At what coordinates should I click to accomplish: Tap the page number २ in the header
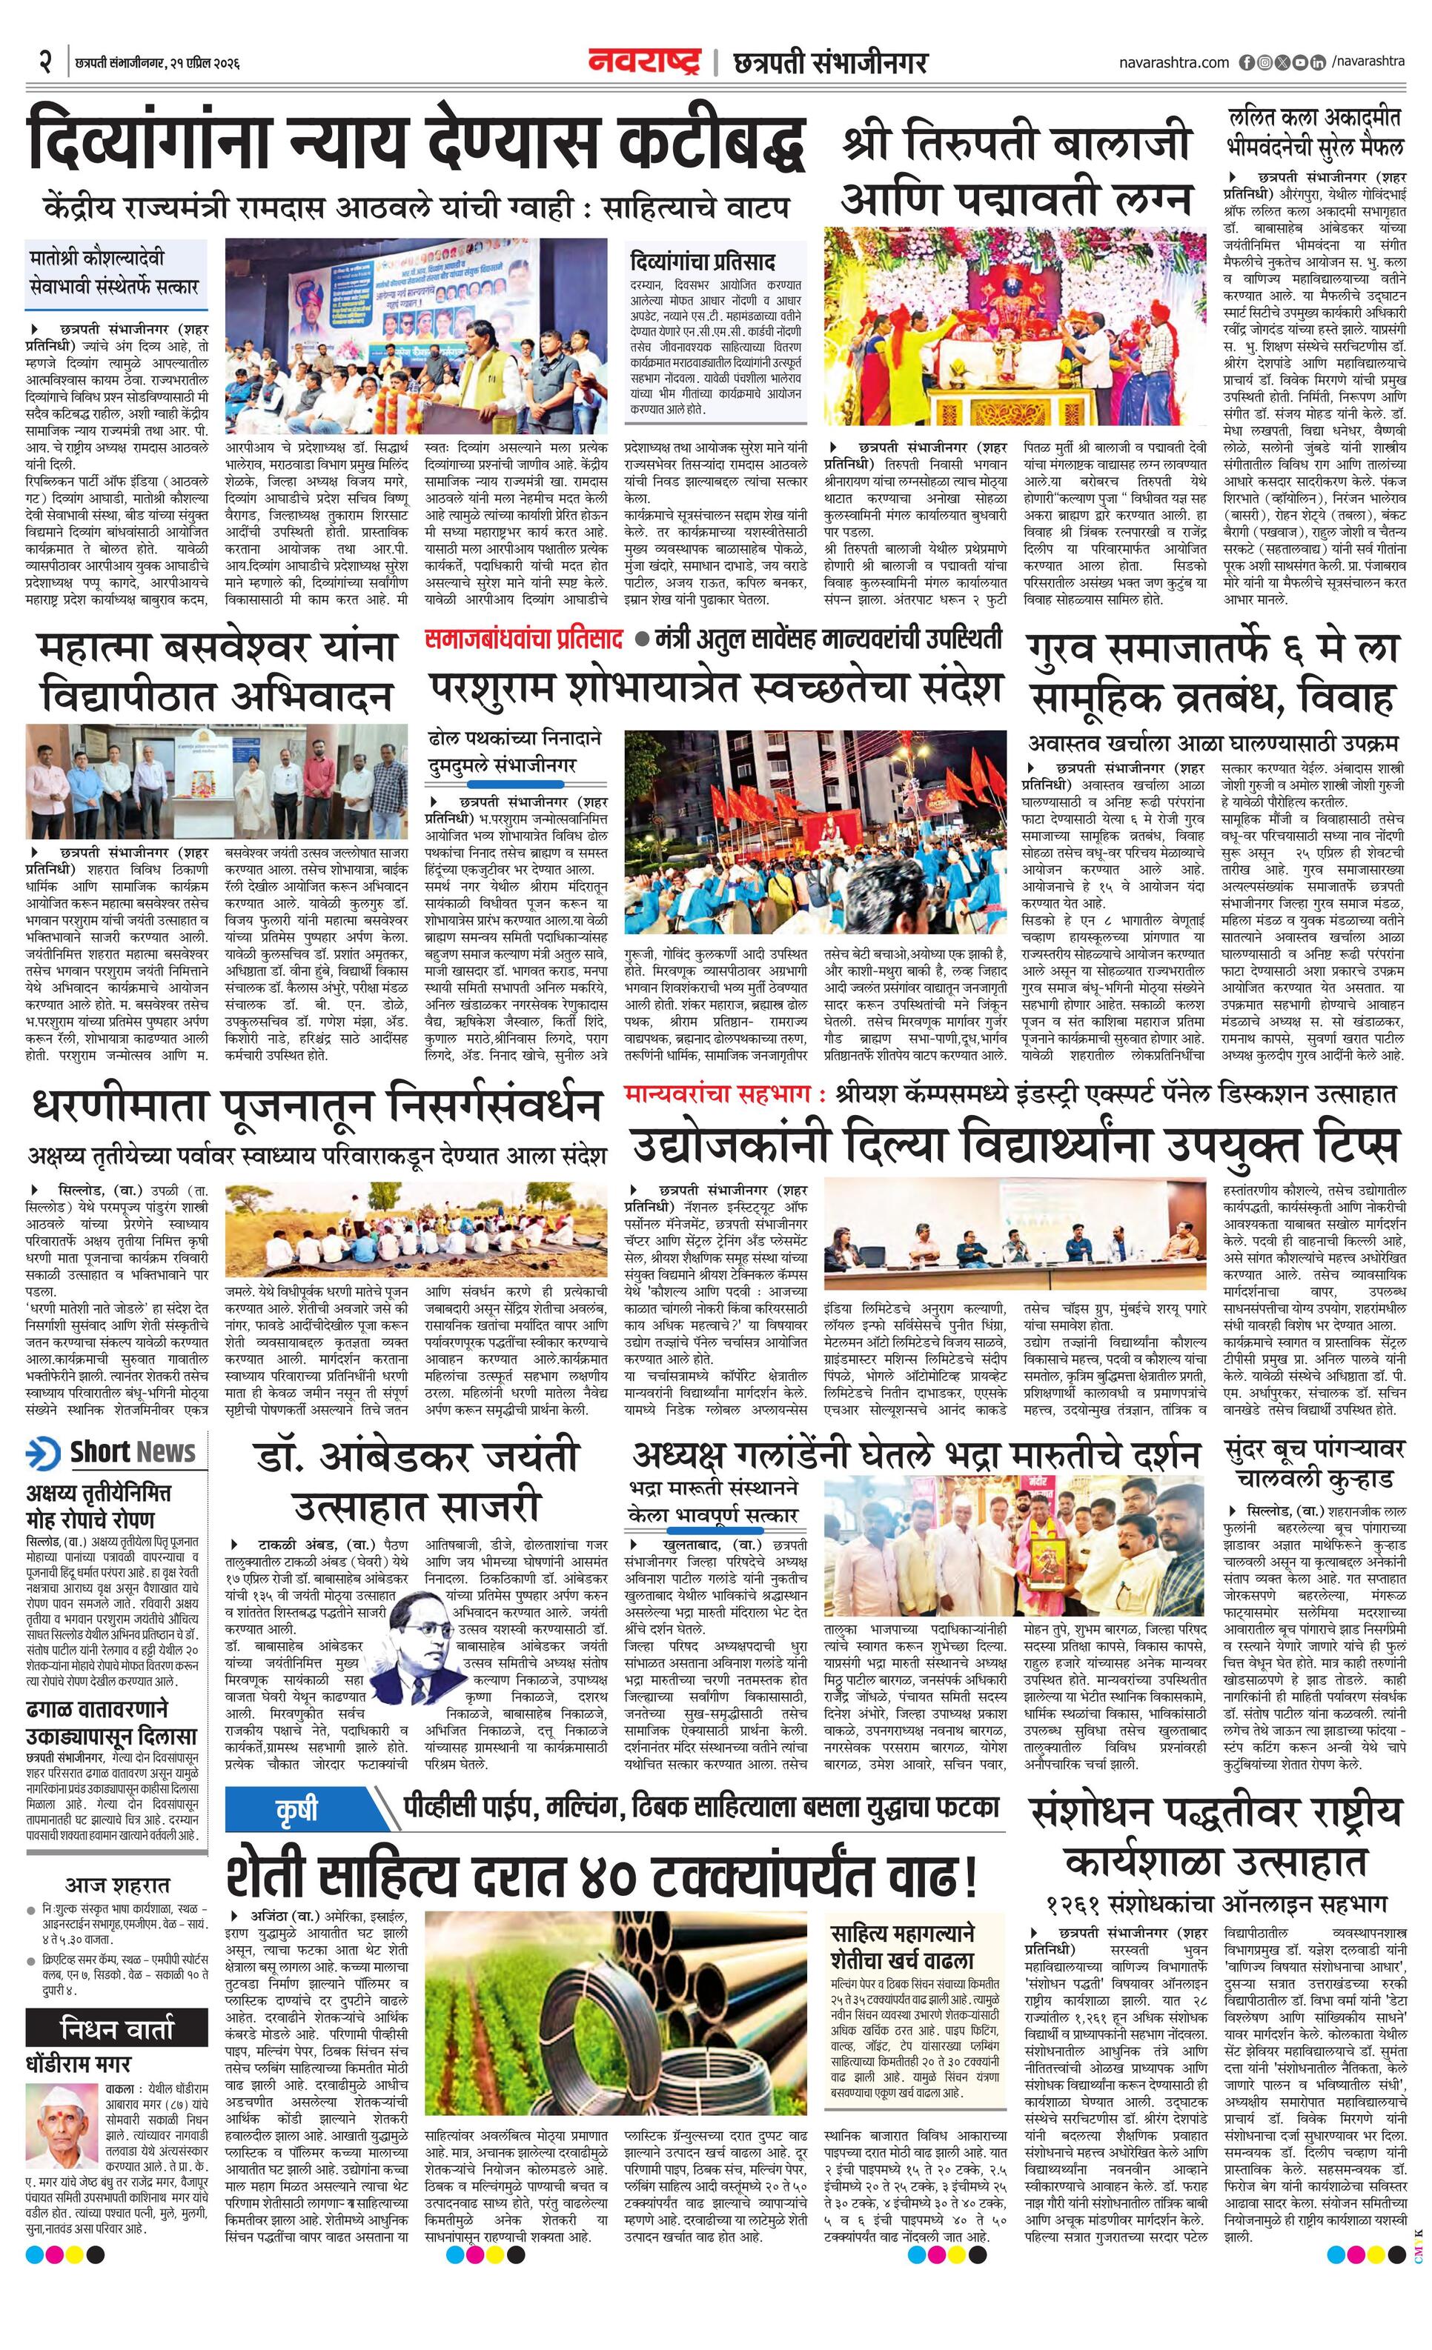pyautogui.click(x=44, y=63)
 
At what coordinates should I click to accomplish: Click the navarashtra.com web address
pyautogui.click(x=1173, y=63)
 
